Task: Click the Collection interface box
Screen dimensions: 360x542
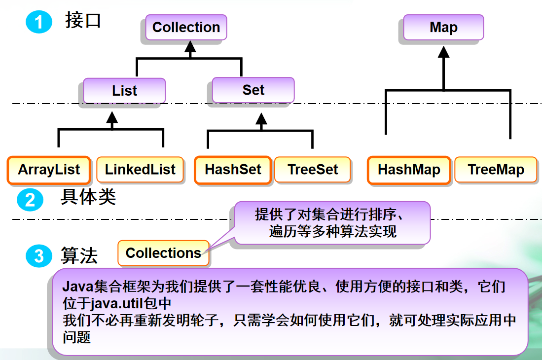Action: tap(186, 27)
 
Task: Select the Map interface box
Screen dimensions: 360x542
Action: tap(443, 27)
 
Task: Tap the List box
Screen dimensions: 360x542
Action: tap(124, 91)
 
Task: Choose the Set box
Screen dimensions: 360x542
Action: tap(253, 90)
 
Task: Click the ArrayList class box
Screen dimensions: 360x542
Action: tap(49, 170)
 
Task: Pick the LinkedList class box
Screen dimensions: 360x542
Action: tap(140, 170)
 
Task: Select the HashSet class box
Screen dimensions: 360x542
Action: tap(233, 170)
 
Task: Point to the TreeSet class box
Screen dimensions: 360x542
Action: tap(313, 170)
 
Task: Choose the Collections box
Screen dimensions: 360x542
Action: tap(163, 253)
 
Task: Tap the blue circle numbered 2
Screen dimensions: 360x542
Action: tap(30, 200)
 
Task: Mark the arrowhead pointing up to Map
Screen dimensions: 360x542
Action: tap(443, 51)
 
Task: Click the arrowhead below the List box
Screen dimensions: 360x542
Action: tap(112, 117)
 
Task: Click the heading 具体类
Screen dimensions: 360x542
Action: tap(88, 197)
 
